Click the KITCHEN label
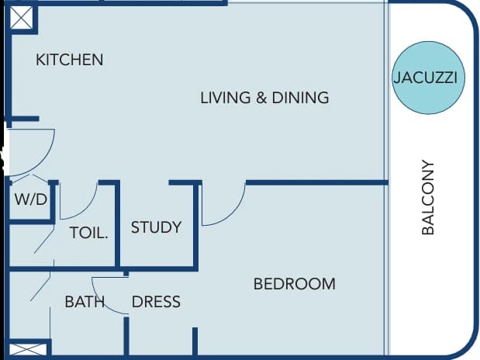point(70,60)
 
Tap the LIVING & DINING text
point(264,98)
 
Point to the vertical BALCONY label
point(428,197)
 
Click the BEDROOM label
point(295,284)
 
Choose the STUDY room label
point(156,227)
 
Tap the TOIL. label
point(88,233)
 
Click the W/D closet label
point(31,199)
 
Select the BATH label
point(85,302)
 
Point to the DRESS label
point(156,302)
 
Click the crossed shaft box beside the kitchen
point(21,18)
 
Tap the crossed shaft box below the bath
point(28,350)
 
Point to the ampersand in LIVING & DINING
point(261,98)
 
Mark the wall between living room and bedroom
point(317,183)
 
